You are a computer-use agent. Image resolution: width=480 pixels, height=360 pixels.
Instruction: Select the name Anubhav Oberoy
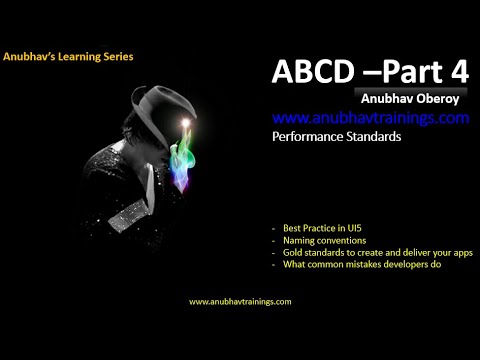(405, 99)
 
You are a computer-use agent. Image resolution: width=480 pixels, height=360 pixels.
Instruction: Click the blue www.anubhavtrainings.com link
(370, 118)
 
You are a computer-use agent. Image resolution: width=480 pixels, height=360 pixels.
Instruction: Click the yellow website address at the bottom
(240, 301)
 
